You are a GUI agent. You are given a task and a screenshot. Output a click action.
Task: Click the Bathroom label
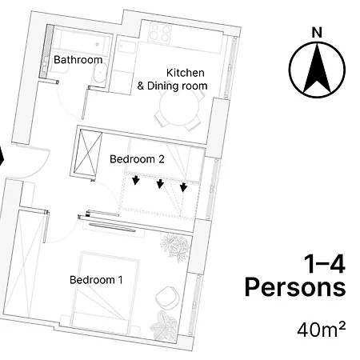coord(78,60)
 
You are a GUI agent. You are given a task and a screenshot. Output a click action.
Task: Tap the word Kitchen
coord(186,73)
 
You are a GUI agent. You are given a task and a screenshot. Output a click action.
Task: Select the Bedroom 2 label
coord(137,159)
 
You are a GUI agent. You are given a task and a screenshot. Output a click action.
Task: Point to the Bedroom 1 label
coord(96,280)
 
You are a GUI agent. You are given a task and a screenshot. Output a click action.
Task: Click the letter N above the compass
coord(317,33)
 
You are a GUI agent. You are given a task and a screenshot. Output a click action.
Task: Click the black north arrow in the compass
coord(317,70)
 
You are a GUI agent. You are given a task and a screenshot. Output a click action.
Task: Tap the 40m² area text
coord(322,330)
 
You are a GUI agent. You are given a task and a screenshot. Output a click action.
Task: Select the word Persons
coord(295,287)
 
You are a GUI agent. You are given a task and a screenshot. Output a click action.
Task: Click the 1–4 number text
coord(325,264)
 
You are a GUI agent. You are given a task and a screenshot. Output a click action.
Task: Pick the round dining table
coord(179,106)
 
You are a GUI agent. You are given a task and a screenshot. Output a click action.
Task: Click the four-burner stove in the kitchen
coord(159,33)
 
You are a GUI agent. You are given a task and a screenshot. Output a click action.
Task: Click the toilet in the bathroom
coord(100,74)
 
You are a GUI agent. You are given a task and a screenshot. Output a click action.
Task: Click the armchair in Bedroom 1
coord(166,297)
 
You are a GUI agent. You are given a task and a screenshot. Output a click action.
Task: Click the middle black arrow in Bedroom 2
coord(160,184)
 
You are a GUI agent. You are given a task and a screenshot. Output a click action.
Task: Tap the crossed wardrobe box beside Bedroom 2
coord(87,152)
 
